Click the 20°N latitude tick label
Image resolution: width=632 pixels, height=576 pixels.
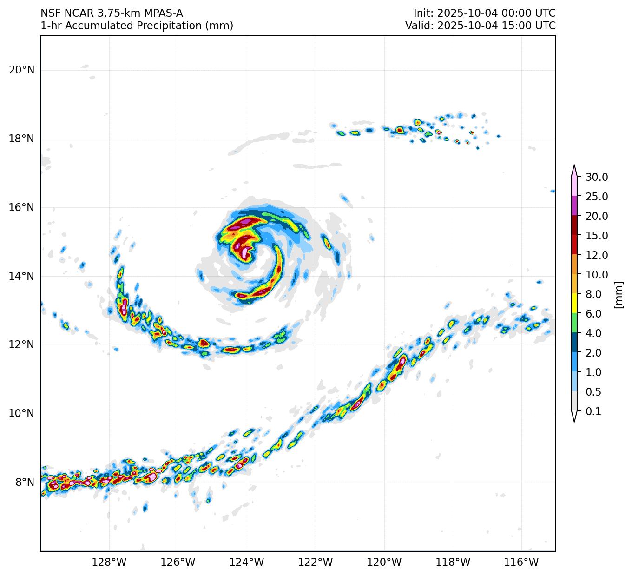point(21,70)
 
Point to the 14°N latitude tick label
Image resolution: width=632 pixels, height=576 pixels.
point(21,276)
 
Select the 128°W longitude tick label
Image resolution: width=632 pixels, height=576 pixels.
point(109,562)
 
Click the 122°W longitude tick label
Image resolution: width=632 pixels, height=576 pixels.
point(316,562)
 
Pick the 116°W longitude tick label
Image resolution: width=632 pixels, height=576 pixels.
point(522,562)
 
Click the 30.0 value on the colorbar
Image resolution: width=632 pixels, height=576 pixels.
point(597,177)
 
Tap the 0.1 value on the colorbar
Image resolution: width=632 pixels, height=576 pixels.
point(593,411)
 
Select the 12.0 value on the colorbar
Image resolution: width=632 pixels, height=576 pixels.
point(597,255)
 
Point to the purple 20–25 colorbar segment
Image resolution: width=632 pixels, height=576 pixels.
point(574,205)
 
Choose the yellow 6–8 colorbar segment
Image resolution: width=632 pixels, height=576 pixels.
point(574,303)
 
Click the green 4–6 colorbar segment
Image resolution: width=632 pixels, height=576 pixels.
point(574,323)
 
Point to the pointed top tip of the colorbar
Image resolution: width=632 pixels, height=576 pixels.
point(574,166)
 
